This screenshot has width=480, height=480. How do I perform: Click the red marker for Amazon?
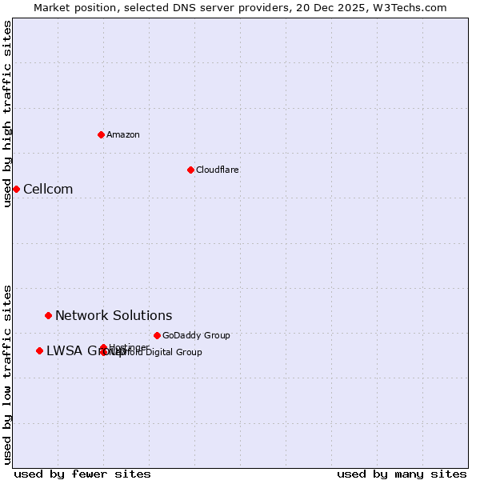coord(101,134)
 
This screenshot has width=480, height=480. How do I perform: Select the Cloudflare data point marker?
coord(190,170)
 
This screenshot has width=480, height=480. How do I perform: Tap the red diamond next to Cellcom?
coord(16,189)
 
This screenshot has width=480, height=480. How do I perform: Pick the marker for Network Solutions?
coord(48,315)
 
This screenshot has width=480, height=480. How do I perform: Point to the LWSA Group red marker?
coord(39,350)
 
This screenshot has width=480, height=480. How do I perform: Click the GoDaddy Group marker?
coord(157,335)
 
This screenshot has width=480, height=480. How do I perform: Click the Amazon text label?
coord(123,134)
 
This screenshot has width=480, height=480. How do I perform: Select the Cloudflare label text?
coord(218,170)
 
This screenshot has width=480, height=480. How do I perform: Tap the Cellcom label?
coord(48,189)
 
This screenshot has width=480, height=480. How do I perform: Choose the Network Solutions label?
coord(114,315)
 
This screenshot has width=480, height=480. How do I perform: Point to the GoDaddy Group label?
coord(196,335)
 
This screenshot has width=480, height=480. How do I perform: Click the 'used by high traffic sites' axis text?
coord(7,114)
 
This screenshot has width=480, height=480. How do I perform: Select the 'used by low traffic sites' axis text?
coord(7,374)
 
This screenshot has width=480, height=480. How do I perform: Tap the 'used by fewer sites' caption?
coord(82,474)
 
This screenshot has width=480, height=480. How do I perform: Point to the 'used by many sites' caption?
coord(402,474)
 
